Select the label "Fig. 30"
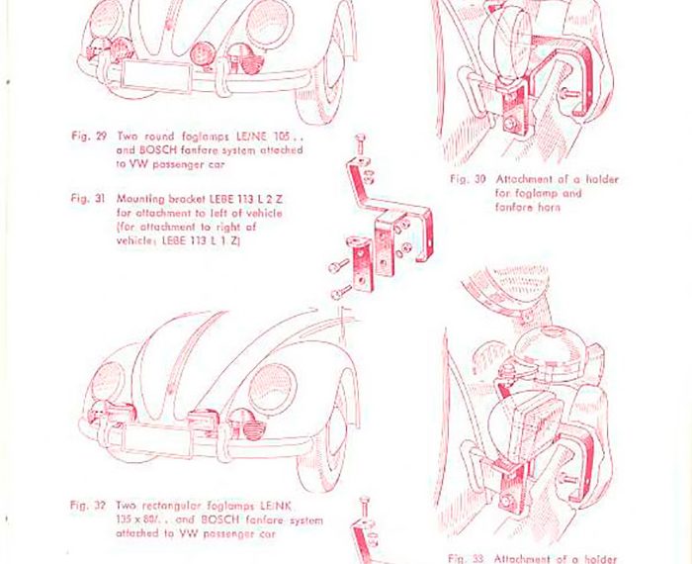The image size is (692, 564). click(465, 179)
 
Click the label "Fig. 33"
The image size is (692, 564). click(464, 557)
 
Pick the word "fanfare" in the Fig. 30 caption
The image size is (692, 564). click(512, 207)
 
